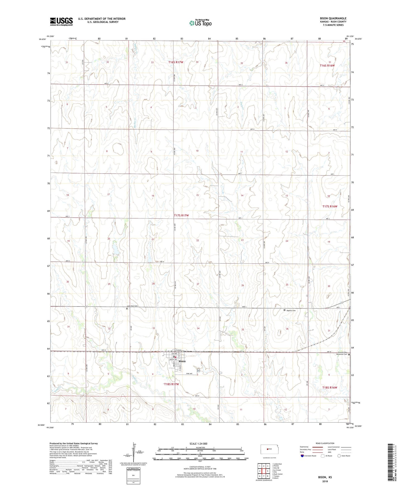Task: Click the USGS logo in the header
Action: click(61, 21)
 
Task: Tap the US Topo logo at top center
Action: click(200, 23)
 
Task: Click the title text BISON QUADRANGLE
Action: click(333, 18)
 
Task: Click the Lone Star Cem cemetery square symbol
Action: click(127, 308)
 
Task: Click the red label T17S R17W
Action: click(181, 215)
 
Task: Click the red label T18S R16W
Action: click(330, 387)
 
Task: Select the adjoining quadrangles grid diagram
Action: click(264, 471)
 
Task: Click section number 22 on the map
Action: click(197, 240)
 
